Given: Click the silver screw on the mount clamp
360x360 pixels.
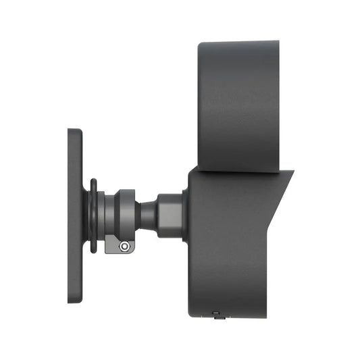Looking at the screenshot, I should click(124, 247).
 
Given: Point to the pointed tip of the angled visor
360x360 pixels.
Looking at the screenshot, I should click(292, 172).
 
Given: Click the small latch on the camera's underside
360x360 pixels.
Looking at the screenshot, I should click(215, 313).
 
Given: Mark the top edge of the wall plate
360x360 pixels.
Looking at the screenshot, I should click(74, 130).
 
